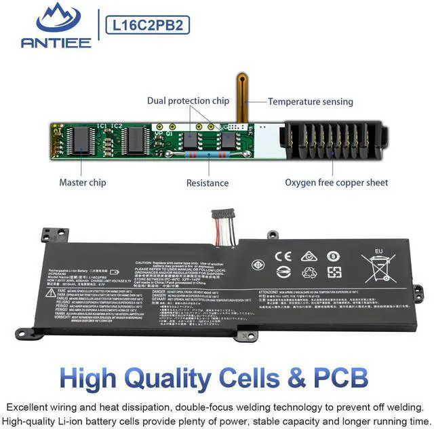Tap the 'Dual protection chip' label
[188, 101]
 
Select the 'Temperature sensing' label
[311, 102]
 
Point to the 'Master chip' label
[82, 183]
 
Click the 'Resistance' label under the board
[208, 183]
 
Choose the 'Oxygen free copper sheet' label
[336, 183]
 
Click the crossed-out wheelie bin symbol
[378, 265]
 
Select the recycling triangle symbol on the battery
[309, 272]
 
